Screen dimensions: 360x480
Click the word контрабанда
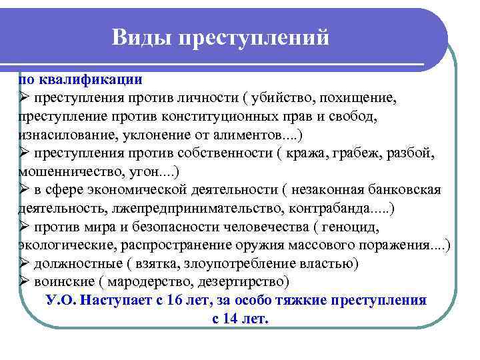click(x=329, y=209)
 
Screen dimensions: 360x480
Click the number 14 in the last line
click(x=232, y=319)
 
